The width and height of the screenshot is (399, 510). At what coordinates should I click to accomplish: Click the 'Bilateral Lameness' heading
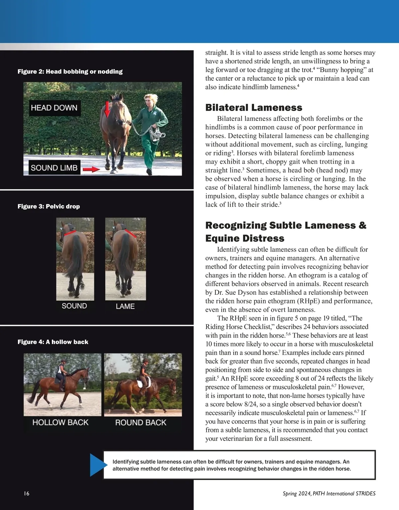254,108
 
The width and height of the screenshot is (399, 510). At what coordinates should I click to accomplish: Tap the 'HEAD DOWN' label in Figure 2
54,108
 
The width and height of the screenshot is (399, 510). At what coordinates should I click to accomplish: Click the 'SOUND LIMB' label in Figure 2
54,168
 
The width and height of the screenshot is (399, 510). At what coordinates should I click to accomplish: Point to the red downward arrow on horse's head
107,109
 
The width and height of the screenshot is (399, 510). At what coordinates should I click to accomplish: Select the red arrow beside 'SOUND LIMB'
91,169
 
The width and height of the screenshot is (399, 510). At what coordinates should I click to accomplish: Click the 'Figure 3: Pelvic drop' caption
49,206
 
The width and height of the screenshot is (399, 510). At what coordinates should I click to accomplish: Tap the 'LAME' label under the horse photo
125,306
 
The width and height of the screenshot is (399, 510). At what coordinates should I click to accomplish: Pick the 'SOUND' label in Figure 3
74,306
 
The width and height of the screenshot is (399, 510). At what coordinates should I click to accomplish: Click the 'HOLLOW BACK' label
61,422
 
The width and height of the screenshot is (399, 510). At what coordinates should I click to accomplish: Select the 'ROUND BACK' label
141,423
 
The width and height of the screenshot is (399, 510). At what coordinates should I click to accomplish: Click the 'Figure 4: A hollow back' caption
53,342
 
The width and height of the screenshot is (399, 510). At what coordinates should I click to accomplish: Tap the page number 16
27,493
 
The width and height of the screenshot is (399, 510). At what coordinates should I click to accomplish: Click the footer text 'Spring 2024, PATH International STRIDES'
329,493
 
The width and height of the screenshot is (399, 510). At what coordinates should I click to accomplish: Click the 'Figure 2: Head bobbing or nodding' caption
70,71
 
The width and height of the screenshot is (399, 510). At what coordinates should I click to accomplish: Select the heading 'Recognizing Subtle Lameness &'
286,225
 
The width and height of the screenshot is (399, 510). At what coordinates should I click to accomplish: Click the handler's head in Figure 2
149,99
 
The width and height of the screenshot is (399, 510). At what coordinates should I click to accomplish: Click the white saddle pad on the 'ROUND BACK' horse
147,383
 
